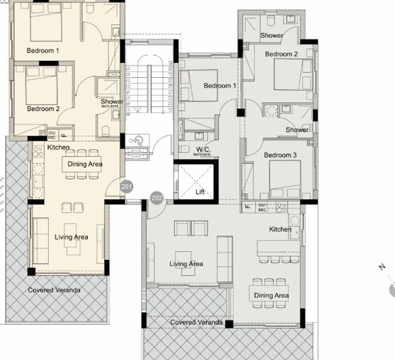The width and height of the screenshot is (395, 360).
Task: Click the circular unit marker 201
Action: click(x=127, y=186)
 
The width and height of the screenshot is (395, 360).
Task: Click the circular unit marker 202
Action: click(x=157, y=198)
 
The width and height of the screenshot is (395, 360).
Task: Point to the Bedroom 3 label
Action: click(x=280, y=156)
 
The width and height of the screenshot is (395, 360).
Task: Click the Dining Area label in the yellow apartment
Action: click(x=85, y=164)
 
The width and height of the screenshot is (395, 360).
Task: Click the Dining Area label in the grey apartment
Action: click(x=271, y=296)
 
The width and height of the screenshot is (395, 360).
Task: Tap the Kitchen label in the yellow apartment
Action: click(x=58, y=147)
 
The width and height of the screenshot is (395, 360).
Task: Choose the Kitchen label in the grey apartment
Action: click(x=280, y=229)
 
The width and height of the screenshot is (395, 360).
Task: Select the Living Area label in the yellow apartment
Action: click(x=71, y=237)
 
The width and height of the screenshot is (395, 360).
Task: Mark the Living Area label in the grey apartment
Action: click(x=186, y=264)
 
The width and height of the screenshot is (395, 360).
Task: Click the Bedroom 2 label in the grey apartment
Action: click(x=281, y=54)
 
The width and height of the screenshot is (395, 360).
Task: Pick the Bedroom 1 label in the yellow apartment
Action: click(x=43, y=51)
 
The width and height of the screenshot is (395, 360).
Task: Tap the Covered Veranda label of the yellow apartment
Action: click(x=54, y=290)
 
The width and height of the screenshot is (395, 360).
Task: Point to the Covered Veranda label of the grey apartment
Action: click(x=196, y=322)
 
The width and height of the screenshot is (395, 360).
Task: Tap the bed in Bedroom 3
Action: click(x=285, y=177)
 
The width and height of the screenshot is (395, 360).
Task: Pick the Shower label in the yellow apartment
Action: click(x=112, y=102)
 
